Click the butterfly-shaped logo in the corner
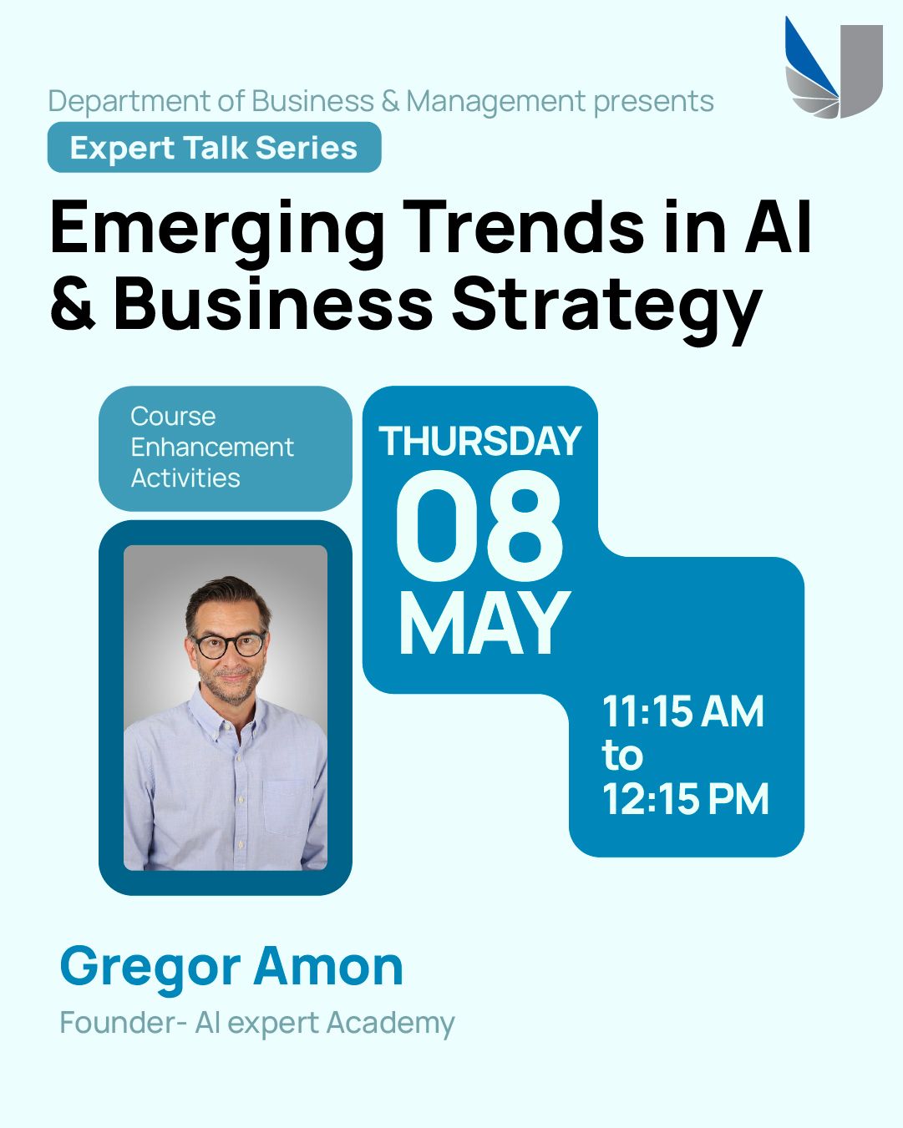(x=834, y=68)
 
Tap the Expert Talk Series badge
(x=214, y=147)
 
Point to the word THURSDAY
(x=479, y=441)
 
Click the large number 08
(x=479, y=526)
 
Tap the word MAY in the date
(x=484, y=623)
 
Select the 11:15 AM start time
(x=682, y=711)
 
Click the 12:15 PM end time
(x=685, y=799)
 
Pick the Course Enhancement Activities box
(x=225, y=448)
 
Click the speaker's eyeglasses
(x=228, y=645)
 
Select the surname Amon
(x=328, y=965)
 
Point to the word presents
(x=653, y=102)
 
